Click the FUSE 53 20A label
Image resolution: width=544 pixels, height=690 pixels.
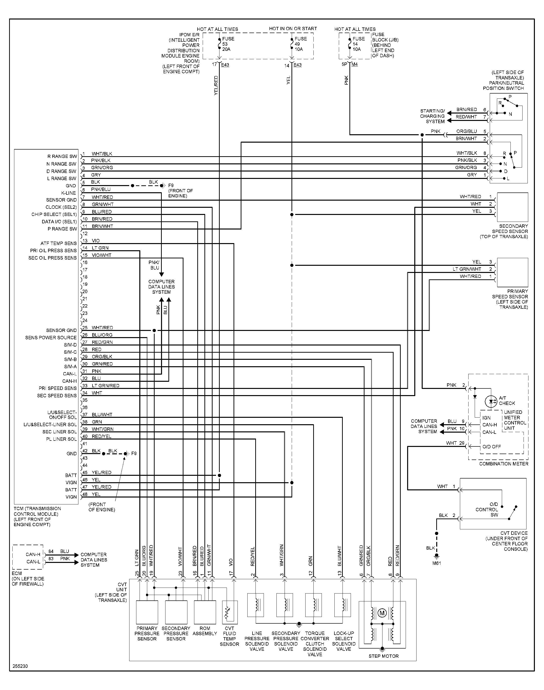tap(228, 44)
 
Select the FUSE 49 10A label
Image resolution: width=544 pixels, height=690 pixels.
tap(300, 44)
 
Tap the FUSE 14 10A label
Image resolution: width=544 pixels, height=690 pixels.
tap(358, 44)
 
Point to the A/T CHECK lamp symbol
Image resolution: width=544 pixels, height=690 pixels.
tap(492, 401)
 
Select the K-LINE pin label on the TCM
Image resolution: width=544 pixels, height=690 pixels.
tap(69, 193)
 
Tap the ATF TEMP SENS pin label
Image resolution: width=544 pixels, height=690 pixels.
tap(59, 243)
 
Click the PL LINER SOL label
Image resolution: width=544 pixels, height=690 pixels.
tap(61, 439)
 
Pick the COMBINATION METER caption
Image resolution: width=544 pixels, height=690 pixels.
tap(504, 464)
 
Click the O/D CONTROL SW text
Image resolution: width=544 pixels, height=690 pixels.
tap(487, 509)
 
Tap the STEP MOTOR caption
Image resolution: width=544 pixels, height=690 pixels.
tap(383, 656)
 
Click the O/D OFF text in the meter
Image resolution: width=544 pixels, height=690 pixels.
tap(491, 446)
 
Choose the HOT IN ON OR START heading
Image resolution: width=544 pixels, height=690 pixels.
tap(293, 29)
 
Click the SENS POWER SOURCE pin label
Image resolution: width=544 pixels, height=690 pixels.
tap(51, 338)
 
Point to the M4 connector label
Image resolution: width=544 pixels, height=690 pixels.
tap(355, 64)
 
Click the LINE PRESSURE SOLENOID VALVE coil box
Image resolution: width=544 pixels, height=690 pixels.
tap(255, 605)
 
